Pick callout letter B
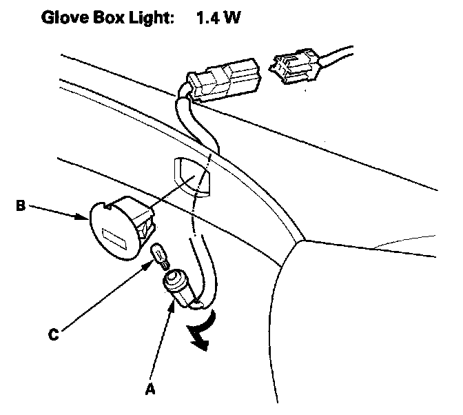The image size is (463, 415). click(21, 204)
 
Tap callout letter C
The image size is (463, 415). click(53, 336)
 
